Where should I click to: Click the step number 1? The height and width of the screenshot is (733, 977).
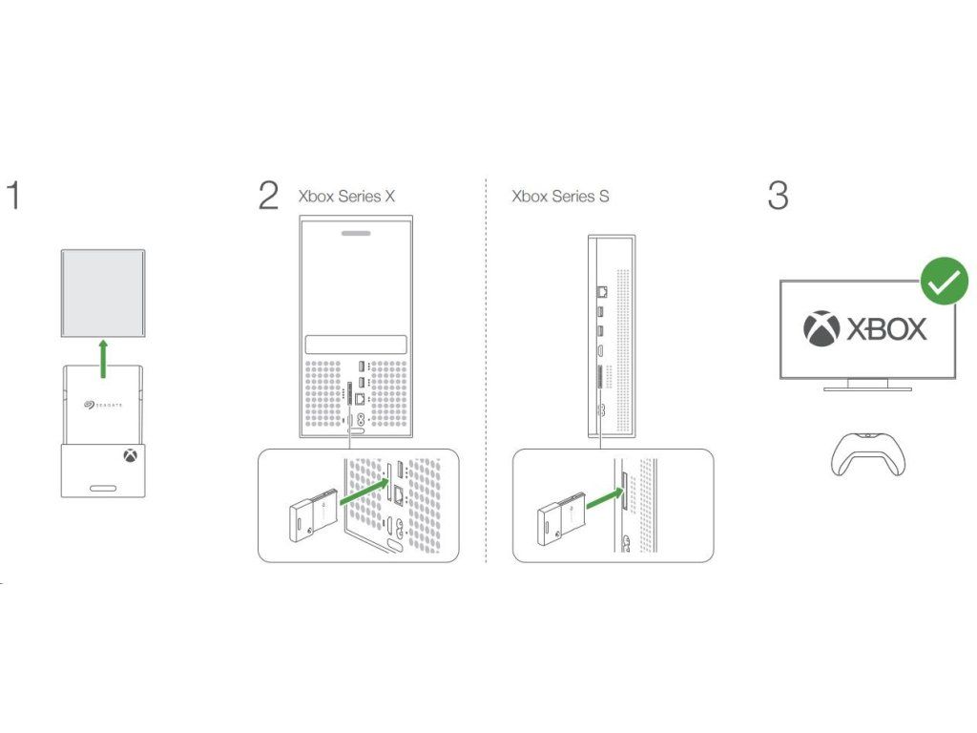pyautogui.click(x=12, y=195)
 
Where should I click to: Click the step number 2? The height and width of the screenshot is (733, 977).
pyautogui.click(x=268, y=195)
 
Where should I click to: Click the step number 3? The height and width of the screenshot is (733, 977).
pyautogui.click(x=778, y=195)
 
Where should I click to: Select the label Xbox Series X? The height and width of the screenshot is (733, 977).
pyautogui.click(x=346, y=197)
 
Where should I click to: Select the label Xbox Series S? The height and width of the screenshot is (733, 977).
pyautogui.click(x=560, y=197)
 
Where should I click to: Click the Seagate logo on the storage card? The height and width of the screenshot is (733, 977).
pyautogui.click(x=103, y=405)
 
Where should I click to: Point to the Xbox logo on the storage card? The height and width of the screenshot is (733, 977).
pyautogui.click(x=129, y=456)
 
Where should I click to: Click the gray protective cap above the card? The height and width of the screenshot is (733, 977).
pyautogui.click(x=103, y=293)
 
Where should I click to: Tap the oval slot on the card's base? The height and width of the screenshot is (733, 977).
pyautogui.click(x=103, y=489)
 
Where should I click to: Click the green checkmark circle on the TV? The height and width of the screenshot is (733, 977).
pyautogui.click(x=944, y=282)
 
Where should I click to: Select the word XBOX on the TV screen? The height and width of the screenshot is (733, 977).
pyautogui.click(x=887, y=329)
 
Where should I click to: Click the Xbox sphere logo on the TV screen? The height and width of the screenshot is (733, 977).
pyautogui.click(x=822, y=329)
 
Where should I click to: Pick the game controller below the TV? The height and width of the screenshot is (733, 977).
pyautogui.click(x=866, y=452)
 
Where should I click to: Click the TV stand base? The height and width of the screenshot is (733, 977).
pyautogui.click(x=866, y=387)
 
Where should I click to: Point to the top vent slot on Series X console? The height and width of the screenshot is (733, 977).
pyautogui.click(x=355, y=232)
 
